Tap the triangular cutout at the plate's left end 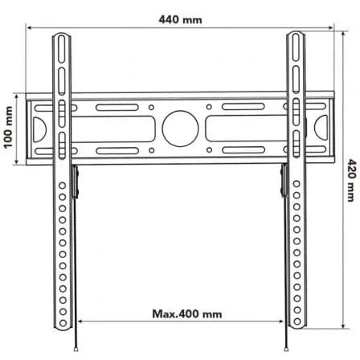[36, 128]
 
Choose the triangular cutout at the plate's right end [321, 128]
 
